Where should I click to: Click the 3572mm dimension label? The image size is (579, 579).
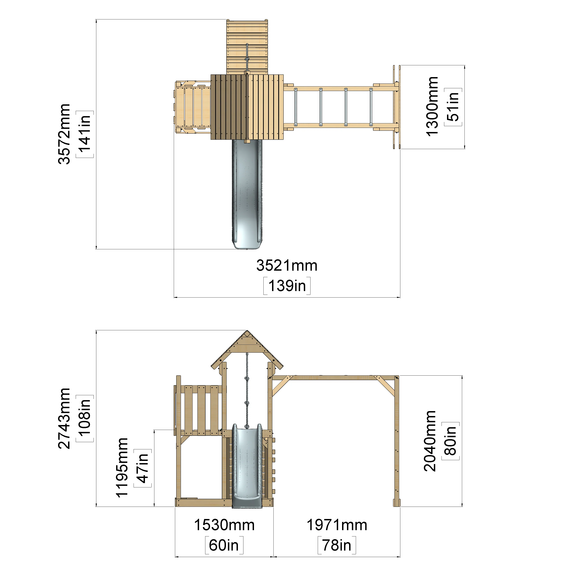point(64,134)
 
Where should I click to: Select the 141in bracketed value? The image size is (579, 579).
point(85,134)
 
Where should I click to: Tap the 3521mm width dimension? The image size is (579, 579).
point(287,266)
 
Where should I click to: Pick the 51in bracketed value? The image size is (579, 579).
point(453,107)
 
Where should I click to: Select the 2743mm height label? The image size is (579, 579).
point(64,418)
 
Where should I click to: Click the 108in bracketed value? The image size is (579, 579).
point(85,418)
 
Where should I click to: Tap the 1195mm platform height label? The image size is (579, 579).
point(122,468)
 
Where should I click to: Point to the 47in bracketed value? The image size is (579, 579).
point(143,468)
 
